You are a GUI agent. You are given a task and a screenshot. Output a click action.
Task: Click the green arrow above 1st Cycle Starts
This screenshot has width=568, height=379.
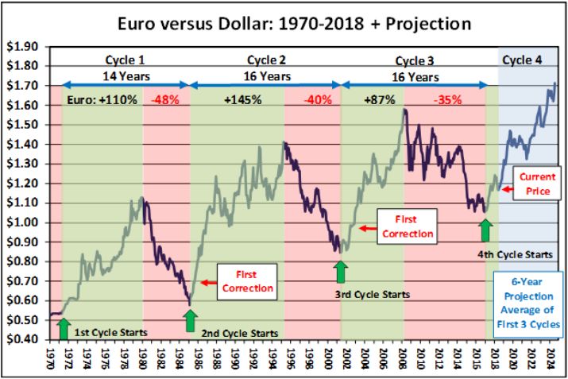click(64, 323)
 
